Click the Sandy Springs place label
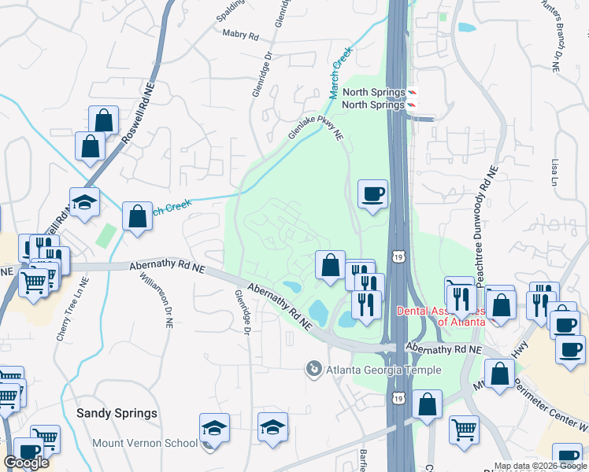[117, 413]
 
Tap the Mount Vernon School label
[145, 443]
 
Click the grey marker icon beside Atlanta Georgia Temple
[314, 368]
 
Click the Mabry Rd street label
[240, 35]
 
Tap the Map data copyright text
[540, 466]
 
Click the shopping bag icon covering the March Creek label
[137, 216]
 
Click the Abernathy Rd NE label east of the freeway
[443, 348]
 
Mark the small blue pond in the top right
[466, 28]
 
